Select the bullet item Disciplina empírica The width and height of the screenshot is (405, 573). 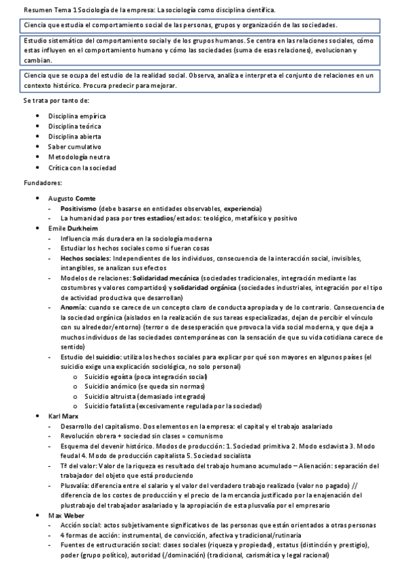74,116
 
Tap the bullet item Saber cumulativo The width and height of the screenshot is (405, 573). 74,146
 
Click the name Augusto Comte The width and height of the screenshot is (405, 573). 72,198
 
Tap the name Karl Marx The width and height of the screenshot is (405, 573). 64,417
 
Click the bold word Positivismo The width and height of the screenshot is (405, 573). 78,208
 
